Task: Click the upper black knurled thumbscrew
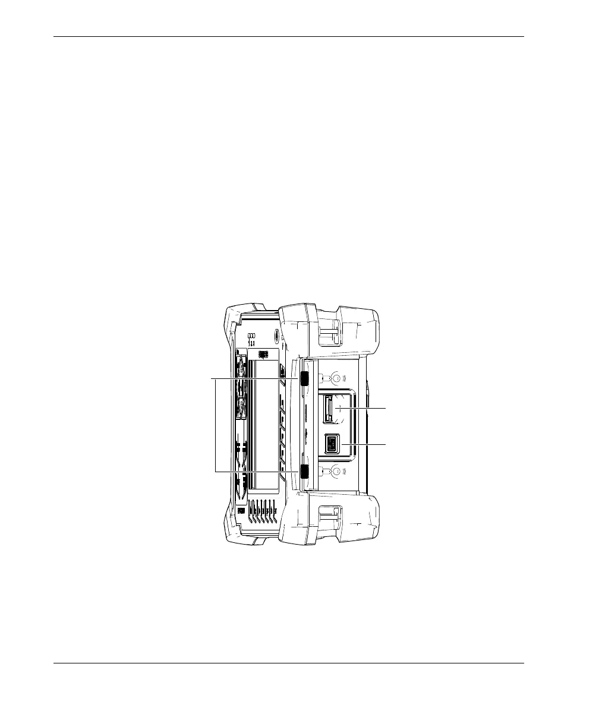pos(304,379)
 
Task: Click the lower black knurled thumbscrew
pos(304,472)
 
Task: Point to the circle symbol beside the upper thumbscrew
pos(336,378)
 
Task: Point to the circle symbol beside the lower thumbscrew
pos(336,472)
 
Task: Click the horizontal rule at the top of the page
pos(289,37)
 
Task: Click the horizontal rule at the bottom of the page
pos(289,663)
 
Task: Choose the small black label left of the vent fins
pos(241,510)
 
